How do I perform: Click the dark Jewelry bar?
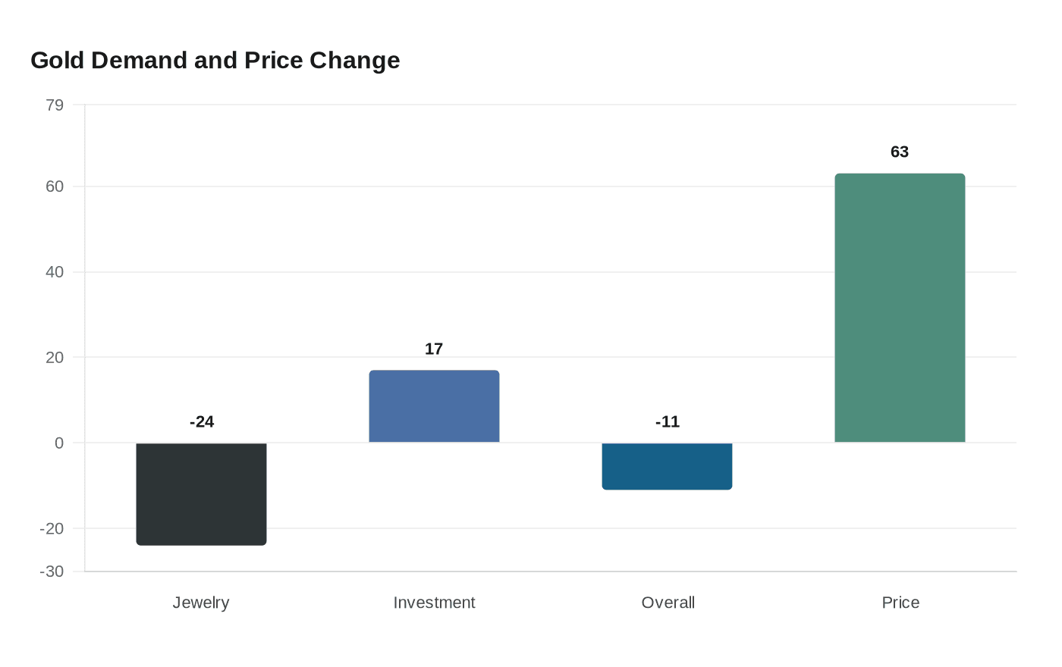tap(201, 493)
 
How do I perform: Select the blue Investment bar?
tap(434, 406)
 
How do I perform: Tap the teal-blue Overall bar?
tap(667, 466)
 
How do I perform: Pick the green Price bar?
tap(900, 308)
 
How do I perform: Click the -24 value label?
tap(202, 422)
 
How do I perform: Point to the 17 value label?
tap(434, 349)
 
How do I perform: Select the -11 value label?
tap(668, 422)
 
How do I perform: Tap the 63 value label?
tap(900, 152)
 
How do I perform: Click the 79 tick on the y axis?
tap(55, 105)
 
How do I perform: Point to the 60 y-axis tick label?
tap(55, 186)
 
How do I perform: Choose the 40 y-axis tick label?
tap(55, 272)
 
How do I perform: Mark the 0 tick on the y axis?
tap(59, 443)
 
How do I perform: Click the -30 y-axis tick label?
tap(52, 571)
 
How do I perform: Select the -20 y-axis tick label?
tap(52, 529)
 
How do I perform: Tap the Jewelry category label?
tap(201, 603)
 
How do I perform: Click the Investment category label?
tap(434, 603)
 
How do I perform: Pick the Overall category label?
tap(668, 603)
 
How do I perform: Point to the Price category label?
tap(900, 603)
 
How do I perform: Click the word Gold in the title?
tap(58, 61)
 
